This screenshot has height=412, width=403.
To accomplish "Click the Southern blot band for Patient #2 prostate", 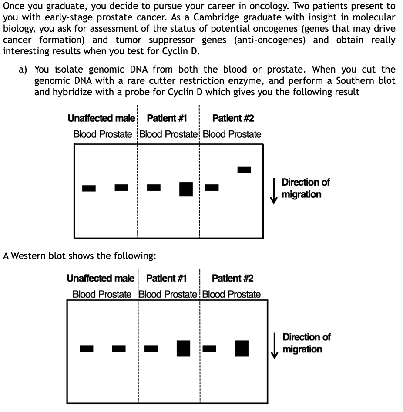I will point(244,169).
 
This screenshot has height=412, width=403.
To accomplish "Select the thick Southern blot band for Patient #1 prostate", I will point(186,189).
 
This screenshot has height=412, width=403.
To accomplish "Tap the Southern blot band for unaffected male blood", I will point(89,188).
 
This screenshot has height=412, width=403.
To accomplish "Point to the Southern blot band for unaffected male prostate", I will point(121,187).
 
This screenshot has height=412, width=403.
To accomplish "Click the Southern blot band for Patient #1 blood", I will point(154,187).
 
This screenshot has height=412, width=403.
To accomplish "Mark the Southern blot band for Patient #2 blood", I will point(212,187).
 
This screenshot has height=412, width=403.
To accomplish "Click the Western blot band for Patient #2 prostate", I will point(242,348).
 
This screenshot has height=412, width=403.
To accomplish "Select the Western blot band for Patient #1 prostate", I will point(184,348).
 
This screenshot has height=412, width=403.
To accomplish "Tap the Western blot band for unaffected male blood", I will point(87,348).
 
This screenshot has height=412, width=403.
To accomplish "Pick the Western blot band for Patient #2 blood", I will point(209,348).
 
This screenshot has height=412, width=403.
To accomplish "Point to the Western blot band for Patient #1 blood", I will point(151,348).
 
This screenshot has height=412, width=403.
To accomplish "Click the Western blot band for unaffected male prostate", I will point(119,348).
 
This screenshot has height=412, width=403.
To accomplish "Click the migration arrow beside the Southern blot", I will point(274,190).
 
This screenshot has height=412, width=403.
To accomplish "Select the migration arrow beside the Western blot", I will point(274,346).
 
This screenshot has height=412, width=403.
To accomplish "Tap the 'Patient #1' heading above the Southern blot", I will point(167,118).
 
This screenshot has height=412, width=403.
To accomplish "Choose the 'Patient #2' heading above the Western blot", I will point(232,278).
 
